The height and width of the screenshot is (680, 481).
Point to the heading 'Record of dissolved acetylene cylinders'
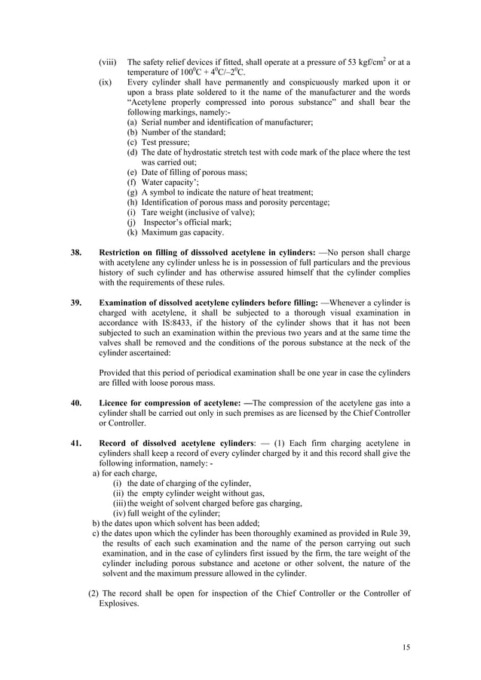click(178, 443)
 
